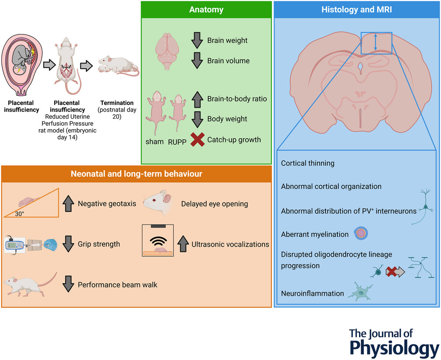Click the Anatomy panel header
point(206,9)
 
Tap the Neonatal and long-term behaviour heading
point(136,174)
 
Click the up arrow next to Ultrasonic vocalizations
point(183,243)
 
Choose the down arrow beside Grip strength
point(68,244)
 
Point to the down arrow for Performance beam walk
point(68,285)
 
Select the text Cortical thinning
point(308,163)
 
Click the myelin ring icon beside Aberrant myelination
point(360,234)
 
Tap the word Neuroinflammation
point(312,293)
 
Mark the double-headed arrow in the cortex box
point(375,42)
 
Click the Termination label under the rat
point(117,103)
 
